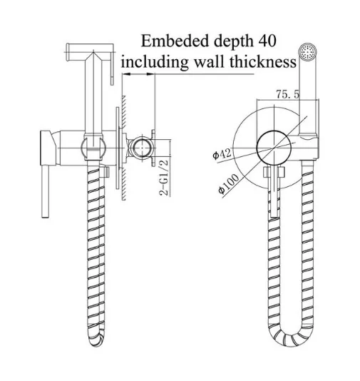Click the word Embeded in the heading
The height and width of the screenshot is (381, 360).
[175, 41]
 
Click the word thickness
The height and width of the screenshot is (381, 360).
[263, 62]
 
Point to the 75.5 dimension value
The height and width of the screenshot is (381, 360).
[288, 93]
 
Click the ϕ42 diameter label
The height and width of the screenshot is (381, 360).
[222, 154]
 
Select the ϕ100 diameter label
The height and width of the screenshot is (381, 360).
[228, 184]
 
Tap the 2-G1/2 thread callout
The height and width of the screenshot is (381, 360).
[164, 177]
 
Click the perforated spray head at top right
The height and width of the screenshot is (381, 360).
[307, 51]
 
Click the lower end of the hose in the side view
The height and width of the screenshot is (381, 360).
[96, 339]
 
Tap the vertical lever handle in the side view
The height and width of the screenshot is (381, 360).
[46, 191]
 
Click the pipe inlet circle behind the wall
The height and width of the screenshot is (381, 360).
[141, 148]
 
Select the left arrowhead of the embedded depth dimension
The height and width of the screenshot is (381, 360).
[127, 74]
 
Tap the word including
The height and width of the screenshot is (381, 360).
[155, 62]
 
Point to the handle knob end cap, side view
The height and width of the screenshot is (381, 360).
[47, 148]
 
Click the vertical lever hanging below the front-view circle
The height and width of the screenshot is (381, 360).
[274, 191]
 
